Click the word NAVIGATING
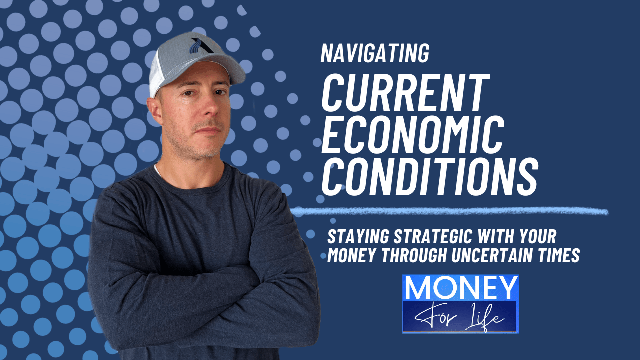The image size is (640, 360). tap(375, 54)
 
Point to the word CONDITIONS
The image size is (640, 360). tap(429, 175)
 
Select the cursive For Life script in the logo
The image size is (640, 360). tap(460, 316)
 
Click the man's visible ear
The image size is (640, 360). tap(155, 113)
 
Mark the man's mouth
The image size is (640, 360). tap(208, 131)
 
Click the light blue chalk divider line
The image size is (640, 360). tap(450, 212)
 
